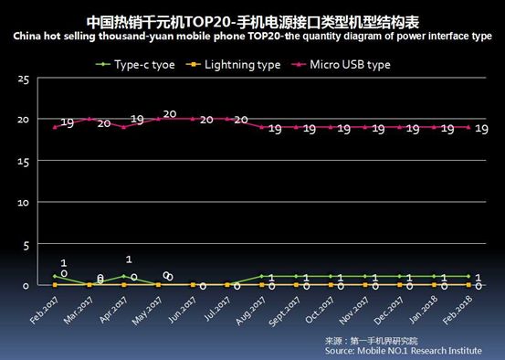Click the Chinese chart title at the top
point(252,19)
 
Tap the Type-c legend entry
point(137,64)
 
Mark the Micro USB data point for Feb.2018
point(468,127)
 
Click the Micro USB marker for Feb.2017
point(54,127)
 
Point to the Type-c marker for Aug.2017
point(261,276)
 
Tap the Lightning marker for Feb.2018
point(468,285)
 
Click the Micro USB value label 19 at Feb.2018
point(481,129)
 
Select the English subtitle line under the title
point(252,37)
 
